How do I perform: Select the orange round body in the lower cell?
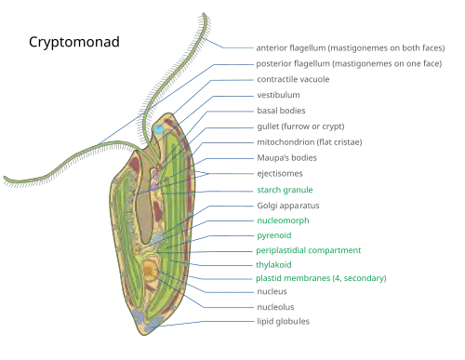pyautogui.click(x=151, y=272)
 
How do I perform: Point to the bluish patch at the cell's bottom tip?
pyautogui.click(x=140, y=319)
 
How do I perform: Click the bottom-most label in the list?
pyautogui.click(x=283, y=320)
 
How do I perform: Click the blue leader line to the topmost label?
pyautogui.click(x=232, y=47)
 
